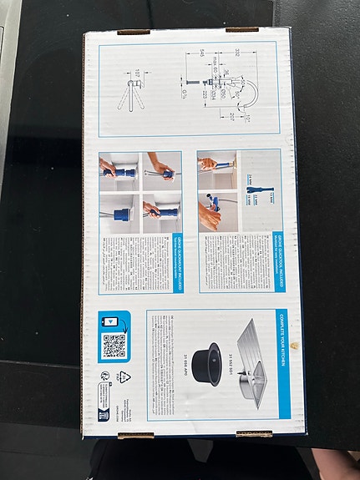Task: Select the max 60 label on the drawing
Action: tap(214, 63)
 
